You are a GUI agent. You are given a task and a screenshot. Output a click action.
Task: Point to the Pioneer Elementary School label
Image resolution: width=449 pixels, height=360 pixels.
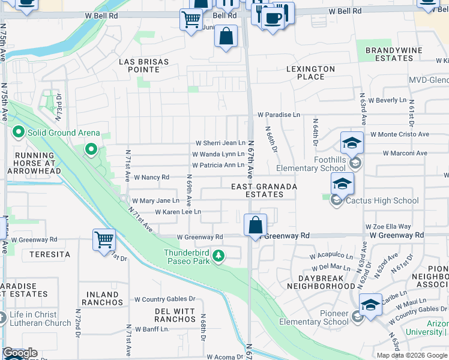327,317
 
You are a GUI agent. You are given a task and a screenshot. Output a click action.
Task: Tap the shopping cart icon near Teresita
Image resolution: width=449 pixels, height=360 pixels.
104,239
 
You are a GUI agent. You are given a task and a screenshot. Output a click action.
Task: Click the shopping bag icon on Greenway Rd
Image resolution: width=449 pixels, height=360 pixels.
256,226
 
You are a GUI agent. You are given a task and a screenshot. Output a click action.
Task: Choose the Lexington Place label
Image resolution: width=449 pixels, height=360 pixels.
310,73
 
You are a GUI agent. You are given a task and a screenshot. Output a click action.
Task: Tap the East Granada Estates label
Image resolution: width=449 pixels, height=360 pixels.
264,191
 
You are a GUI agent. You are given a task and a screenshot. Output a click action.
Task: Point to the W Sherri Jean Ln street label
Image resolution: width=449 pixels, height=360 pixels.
221,143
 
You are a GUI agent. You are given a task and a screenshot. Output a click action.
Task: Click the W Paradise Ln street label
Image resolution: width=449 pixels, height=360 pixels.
278,115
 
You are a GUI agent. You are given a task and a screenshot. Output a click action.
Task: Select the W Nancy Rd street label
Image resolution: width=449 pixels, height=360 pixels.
151,178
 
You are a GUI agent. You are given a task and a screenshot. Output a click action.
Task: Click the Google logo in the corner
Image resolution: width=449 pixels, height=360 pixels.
20,353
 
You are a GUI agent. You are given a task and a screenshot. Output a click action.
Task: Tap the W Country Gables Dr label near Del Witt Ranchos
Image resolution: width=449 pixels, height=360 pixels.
165,299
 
